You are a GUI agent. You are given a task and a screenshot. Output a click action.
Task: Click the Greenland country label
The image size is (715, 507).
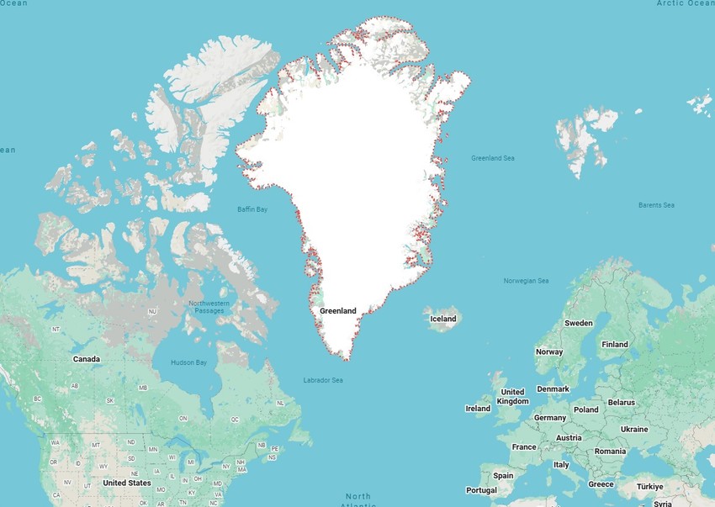pos(338,311)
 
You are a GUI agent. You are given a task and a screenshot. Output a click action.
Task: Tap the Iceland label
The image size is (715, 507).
pos(443,319)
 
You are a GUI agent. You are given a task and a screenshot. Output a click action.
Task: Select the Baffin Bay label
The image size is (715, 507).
pos(252,209)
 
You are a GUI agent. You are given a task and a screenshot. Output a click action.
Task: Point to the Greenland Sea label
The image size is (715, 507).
pos(493,158)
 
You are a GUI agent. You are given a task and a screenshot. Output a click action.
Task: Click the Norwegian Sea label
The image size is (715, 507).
pos(526,281)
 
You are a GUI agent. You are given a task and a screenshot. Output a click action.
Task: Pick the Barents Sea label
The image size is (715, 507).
pos(656,205)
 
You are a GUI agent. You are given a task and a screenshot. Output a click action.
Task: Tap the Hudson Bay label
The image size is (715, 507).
pos(188,362)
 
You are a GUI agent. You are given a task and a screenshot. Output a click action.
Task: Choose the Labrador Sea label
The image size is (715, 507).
pos(323,380)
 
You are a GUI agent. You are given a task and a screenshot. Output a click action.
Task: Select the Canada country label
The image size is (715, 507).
pos(87,359)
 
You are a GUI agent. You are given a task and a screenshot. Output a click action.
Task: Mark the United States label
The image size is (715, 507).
pos(127,483)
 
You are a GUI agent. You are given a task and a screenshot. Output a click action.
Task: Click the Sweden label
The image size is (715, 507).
pos(579,323)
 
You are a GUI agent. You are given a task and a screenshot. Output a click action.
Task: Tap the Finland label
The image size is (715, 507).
pos(615,344)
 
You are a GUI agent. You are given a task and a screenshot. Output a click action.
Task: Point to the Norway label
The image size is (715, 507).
pos(549,351)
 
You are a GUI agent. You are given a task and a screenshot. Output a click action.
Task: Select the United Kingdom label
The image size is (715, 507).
pos(512,396)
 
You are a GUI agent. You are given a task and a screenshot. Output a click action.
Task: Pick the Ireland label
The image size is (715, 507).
pos(478,409)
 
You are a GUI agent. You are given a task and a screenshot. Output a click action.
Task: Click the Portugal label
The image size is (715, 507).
pos(481,490)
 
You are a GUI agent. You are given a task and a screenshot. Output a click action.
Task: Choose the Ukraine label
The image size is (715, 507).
pos(634,429)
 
